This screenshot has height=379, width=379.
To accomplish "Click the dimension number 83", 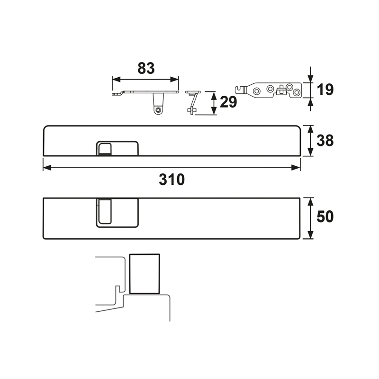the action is (146, 68).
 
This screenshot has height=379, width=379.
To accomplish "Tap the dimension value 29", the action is (228, 102).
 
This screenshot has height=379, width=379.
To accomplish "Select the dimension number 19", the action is (325, 90).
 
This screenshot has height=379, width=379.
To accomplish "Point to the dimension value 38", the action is (325, 140).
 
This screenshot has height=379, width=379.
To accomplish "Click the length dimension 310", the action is (171, 180).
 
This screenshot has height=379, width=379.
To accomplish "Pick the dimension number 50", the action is (325, 217).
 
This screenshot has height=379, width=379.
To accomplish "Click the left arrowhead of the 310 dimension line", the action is (47, 168).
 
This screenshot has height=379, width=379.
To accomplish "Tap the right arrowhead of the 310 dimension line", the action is (296, 168).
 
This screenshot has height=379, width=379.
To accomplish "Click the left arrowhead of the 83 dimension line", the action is (116, 79).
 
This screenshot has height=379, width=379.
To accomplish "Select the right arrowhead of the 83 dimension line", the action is (174, 79).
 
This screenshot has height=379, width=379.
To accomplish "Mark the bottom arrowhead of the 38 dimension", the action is (311, 152).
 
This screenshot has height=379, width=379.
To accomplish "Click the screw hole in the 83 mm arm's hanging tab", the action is (158, 110).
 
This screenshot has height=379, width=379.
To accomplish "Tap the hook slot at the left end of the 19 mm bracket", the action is (239, 90).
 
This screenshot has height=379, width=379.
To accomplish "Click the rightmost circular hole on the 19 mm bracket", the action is (297, 92).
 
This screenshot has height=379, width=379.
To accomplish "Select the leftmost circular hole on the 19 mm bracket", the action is (256, 91).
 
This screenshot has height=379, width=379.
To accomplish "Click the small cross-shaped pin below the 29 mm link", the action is (192, 111).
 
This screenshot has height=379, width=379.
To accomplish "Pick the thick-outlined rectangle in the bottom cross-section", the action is (144, 274).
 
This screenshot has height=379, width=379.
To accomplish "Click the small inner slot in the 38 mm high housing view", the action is (105, 149).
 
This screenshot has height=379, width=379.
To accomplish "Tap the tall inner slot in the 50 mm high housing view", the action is (105, 211).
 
